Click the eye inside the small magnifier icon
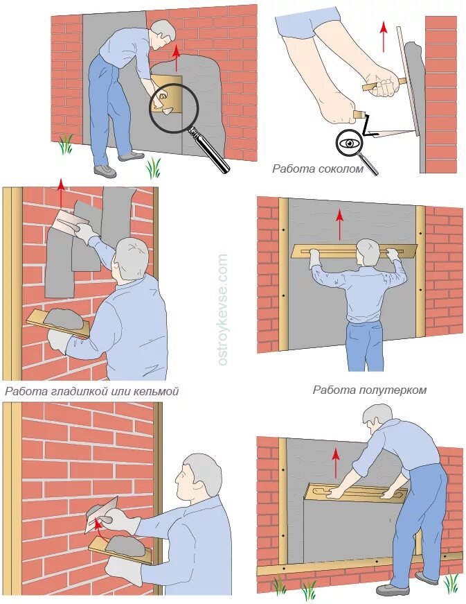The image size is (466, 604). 349,144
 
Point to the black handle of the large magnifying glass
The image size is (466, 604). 210,151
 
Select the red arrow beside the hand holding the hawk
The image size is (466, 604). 383,37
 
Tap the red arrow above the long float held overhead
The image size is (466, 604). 339,225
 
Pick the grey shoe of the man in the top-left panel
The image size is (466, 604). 105,171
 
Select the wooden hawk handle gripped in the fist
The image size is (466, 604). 384,85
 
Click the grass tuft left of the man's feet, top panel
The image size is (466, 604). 66,144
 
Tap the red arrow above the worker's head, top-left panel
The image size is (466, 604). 176,58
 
